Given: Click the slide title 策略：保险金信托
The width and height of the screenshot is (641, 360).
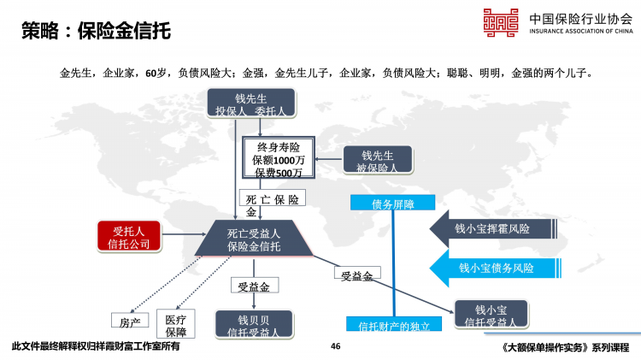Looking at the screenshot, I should click(96, 32).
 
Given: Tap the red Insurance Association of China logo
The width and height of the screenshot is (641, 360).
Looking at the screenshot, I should click(503, 23).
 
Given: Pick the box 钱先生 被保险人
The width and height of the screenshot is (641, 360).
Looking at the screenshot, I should click(377, 161).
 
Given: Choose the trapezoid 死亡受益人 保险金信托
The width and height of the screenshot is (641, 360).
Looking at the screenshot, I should click(253, 239).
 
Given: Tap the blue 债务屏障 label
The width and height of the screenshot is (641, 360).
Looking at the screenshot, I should click(393, 204).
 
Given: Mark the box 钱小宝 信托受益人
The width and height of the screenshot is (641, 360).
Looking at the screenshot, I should click(491, 315).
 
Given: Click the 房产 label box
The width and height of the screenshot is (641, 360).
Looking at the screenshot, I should click(130, 322).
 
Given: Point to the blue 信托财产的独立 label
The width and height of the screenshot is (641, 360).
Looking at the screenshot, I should click(393, 325).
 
